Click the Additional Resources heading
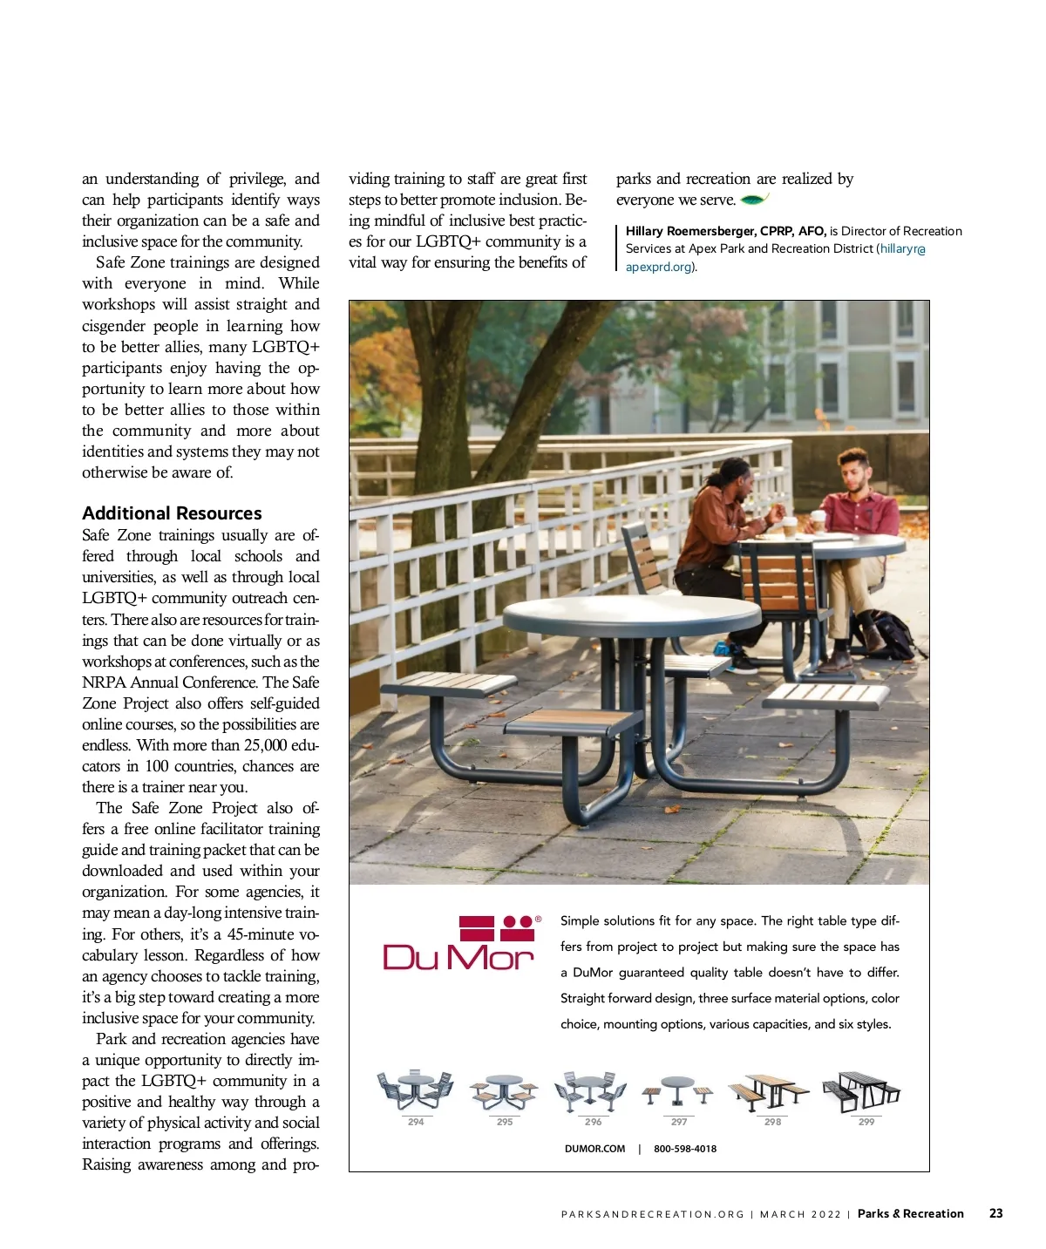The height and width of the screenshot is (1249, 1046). pyautogui.click(x=172, y=513)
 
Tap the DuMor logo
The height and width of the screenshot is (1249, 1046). pyautogui.click(x=459, y=944)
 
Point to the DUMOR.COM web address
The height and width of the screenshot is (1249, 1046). pyautogui.click(x=594, y=1149)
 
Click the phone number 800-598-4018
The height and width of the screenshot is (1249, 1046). pyautogui.click(x=685, y=1149)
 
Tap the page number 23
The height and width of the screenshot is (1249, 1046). pyautogui.click(x=995, y=1213)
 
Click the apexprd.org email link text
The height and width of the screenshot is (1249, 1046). pyautogui.click(x=659, y=267)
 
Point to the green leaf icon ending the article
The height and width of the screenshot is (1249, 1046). pyautogui.click(x=753, y=200)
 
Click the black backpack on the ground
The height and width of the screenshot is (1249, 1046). pyautogui.click(x=884, y=633)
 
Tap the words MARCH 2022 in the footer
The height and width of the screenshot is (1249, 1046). pyautogui.click(x=800, y=1214)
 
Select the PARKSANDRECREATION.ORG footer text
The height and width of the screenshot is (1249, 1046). pyautogui.click(x=653, y=1214)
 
